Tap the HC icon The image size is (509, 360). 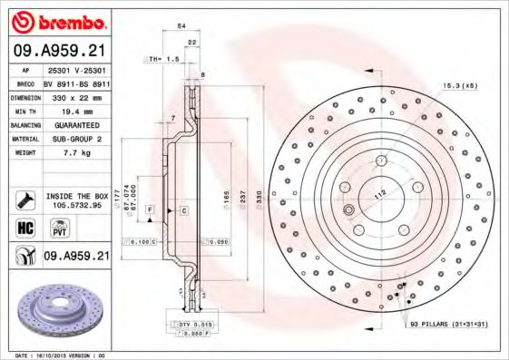click(24, 228)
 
